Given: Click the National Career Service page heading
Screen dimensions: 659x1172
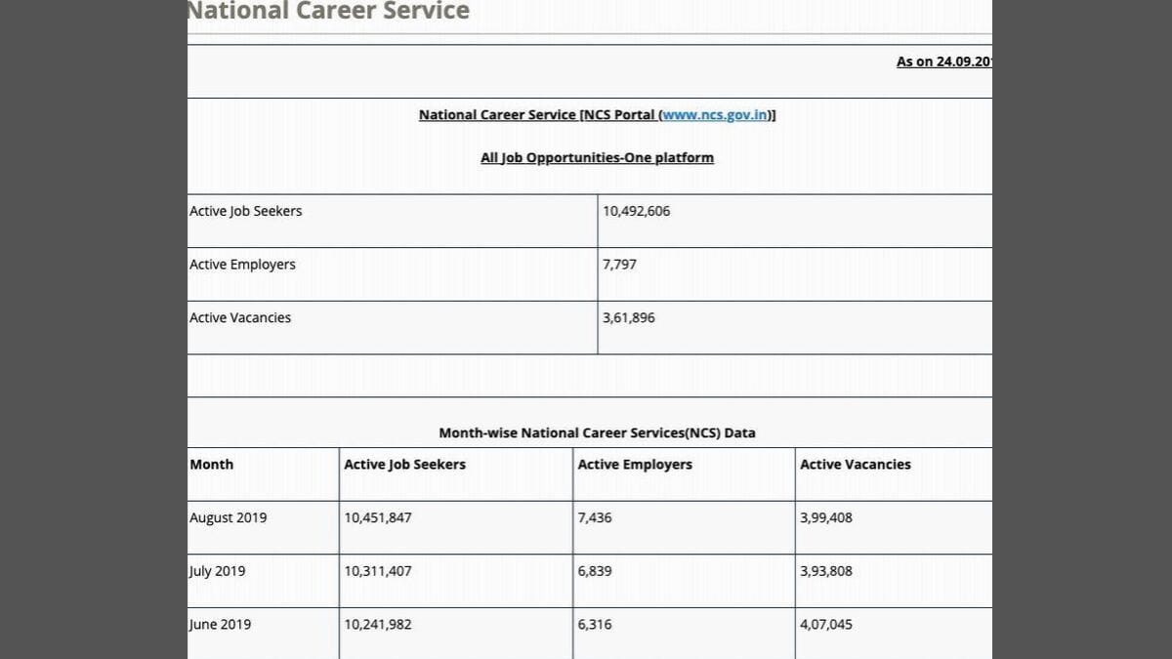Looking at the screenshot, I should (328, 11).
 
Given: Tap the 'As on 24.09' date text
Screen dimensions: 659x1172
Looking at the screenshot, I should (943, 62).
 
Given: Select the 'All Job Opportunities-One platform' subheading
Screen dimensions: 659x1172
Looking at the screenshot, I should (597, 157).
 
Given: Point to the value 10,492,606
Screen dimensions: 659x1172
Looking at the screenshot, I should (637, 211).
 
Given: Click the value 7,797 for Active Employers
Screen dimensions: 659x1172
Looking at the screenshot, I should (619, 265).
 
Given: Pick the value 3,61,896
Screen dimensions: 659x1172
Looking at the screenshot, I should (629, 317).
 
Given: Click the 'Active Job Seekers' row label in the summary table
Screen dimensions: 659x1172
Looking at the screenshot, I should (246, 211).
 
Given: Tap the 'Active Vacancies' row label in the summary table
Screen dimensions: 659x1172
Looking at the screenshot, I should (240, 317).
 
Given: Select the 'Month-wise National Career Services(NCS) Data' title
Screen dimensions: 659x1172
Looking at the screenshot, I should (597, 432).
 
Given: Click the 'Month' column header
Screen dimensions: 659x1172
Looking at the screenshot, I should (212, 465).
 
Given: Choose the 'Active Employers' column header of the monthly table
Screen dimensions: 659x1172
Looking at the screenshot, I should (635, 465).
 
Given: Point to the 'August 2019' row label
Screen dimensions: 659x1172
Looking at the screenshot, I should (229, 517).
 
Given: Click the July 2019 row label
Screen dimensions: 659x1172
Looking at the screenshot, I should (218, 571).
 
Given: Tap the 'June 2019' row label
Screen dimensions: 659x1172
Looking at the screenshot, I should (220, 624).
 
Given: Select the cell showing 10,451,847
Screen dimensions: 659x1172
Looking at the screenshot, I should (378, 517).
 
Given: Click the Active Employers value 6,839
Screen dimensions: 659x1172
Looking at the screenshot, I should (595, 571).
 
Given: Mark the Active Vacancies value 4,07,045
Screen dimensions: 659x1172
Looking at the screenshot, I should (826, 624).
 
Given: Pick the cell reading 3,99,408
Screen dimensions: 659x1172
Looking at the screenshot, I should (826, 517).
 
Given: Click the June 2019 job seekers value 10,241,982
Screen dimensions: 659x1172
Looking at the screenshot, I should (378, 624).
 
